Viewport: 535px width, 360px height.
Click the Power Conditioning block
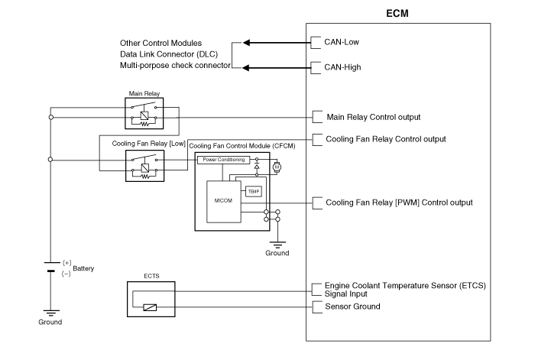tap(222, 160)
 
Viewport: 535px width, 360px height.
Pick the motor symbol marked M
tap(277, 166)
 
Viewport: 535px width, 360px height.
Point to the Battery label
tap(83, 269)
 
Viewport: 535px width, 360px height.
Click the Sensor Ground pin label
tap(352, 306)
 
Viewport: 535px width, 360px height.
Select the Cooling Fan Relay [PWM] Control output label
tap(399, 203)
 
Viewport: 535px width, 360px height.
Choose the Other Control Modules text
tap(160, 42)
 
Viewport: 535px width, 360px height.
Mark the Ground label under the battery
tap(50, 322)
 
